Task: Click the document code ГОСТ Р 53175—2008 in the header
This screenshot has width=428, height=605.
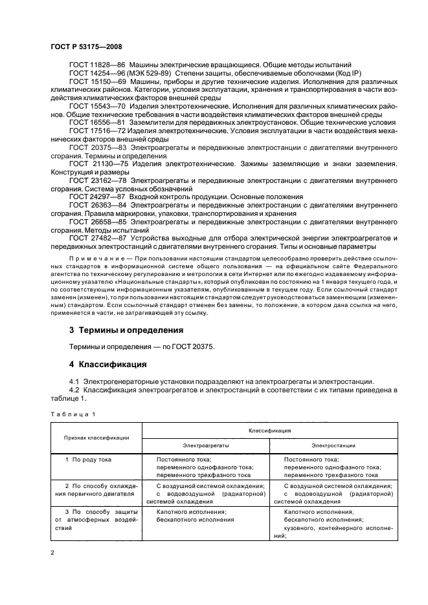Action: coord(82,47)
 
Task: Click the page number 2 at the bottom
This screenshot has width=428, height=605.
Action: coord(54,553)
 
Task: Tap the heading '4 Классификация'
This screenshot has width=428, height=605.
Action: coord(103,364)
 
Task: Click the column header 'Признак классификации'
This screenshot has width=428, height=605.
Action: coord(96,437)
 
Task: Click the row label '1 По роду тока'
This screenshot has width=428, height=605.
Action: coord(92,459)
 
